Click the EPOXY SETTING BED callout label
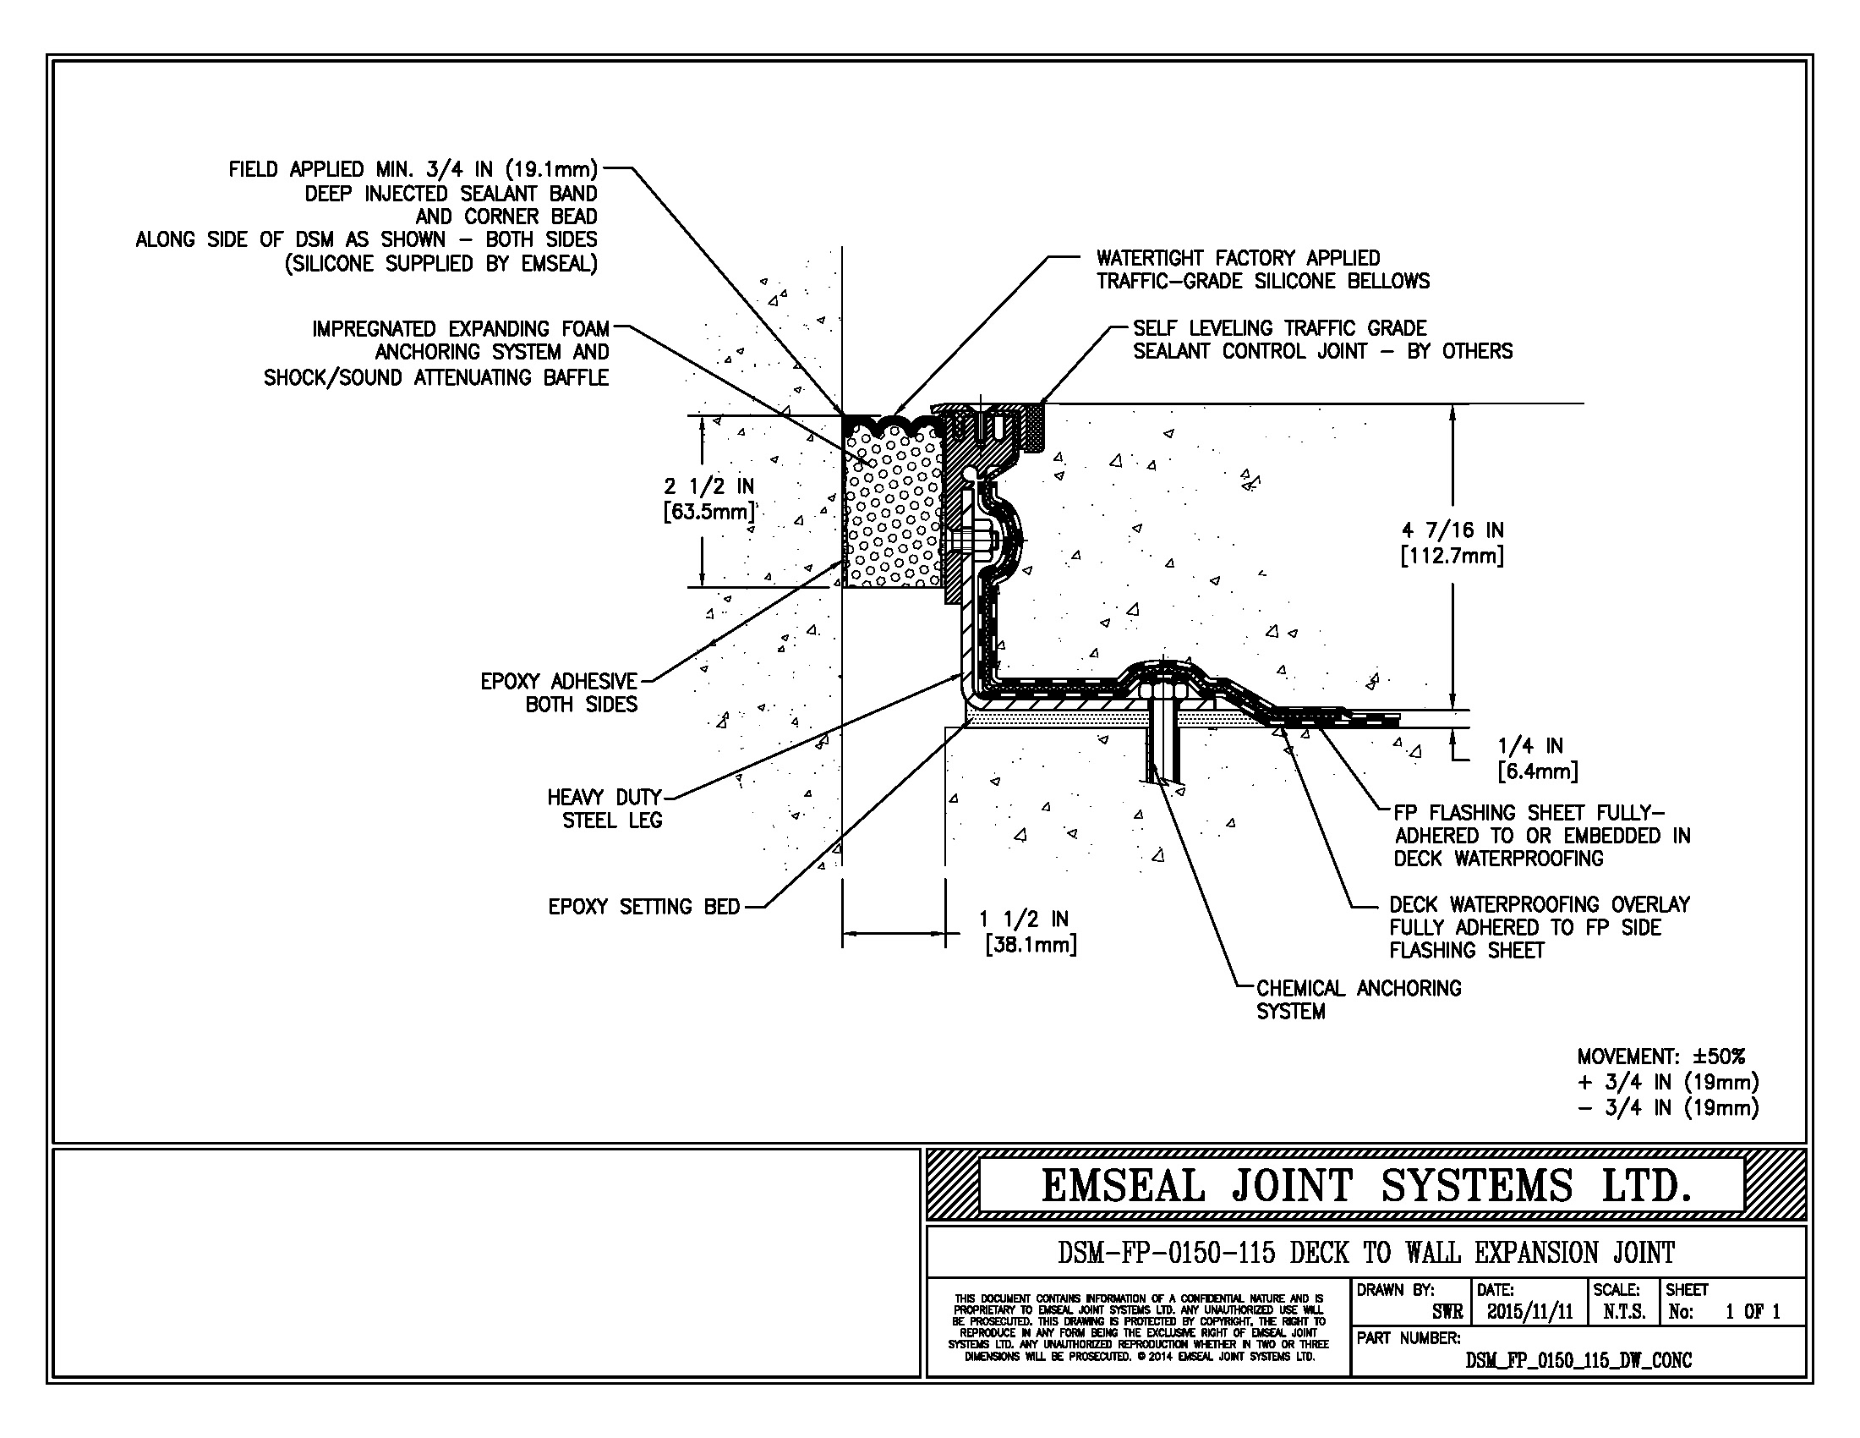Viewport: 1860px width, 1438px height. (x=644, y=908)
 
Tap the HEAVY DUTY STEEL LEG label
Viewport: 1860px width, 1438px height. (x=604, y=809)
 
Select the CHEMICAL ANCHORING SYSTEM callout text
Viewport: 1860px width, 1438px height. (x=1359, y=1000)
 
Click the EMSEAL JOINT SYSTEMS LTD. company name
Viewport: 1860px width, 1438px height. (x=1365, y=1186)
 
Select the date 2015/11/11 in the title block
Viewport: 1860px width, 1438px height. (x=1529, y=1312)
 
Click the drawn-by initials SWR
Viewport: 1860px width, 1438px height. (x=1447, y=1312)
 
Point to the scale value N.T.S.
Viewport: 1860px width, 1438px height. (x=1624, y=1312)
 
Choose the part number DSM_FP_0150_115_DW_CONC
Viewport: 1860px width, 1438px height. (x=1578, y=1360)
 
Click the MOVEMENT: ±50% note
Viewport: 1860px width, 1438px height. (x=1660, y=1057)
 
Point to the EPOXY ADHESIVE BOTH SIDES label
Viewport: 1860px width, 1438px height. (x=559, y=693)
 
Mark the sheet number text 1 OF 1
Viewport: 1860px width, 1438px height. (x=1752, y=1312)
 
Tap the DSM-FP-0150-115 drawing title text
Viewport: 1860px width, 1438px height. (x=1365, y=1252)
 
